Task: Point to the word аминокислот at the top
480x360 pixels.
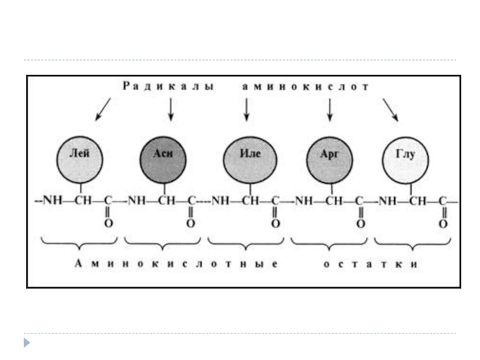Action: (305, 86)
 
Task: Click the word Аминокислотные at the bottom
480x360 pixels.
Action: (176, 265)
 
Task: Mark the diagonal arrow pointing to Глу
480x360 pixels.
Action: (391, 109)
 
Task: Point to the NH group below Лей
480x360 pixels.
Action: (53, 201)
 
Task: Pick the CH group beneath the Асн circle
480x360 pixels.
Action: (166, 201)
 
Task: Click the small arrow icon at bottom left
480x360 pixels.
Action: (27, 343)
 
